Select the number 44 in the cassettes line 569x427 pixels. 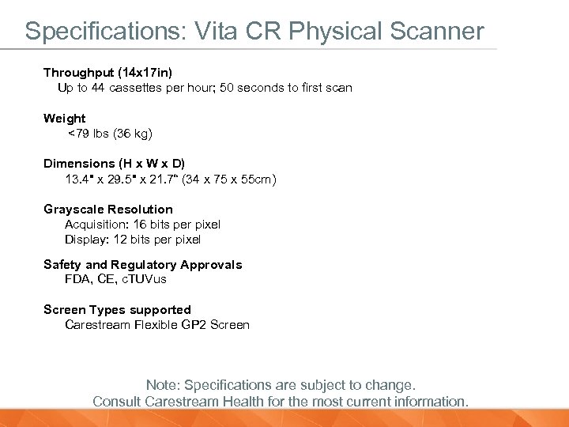(x=99, y=88)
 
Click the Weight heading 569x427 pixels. (x=65, y=119)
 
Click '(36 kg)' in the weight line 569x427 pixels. (x=133, y=134)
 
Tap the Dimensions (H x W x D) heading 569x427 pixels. (x=114, y=164)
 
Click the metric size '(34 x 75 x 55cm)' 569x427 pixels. (x=229, y=179)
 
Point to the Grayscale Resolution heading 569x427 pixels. (x=108, y=210)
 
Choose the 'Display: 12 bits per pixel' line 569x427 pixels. (x=133, y=240)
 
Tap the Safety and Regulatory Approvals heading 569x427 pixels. (x=143, y=265)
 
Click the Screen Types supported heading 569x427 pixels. (x=117, y=310)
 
